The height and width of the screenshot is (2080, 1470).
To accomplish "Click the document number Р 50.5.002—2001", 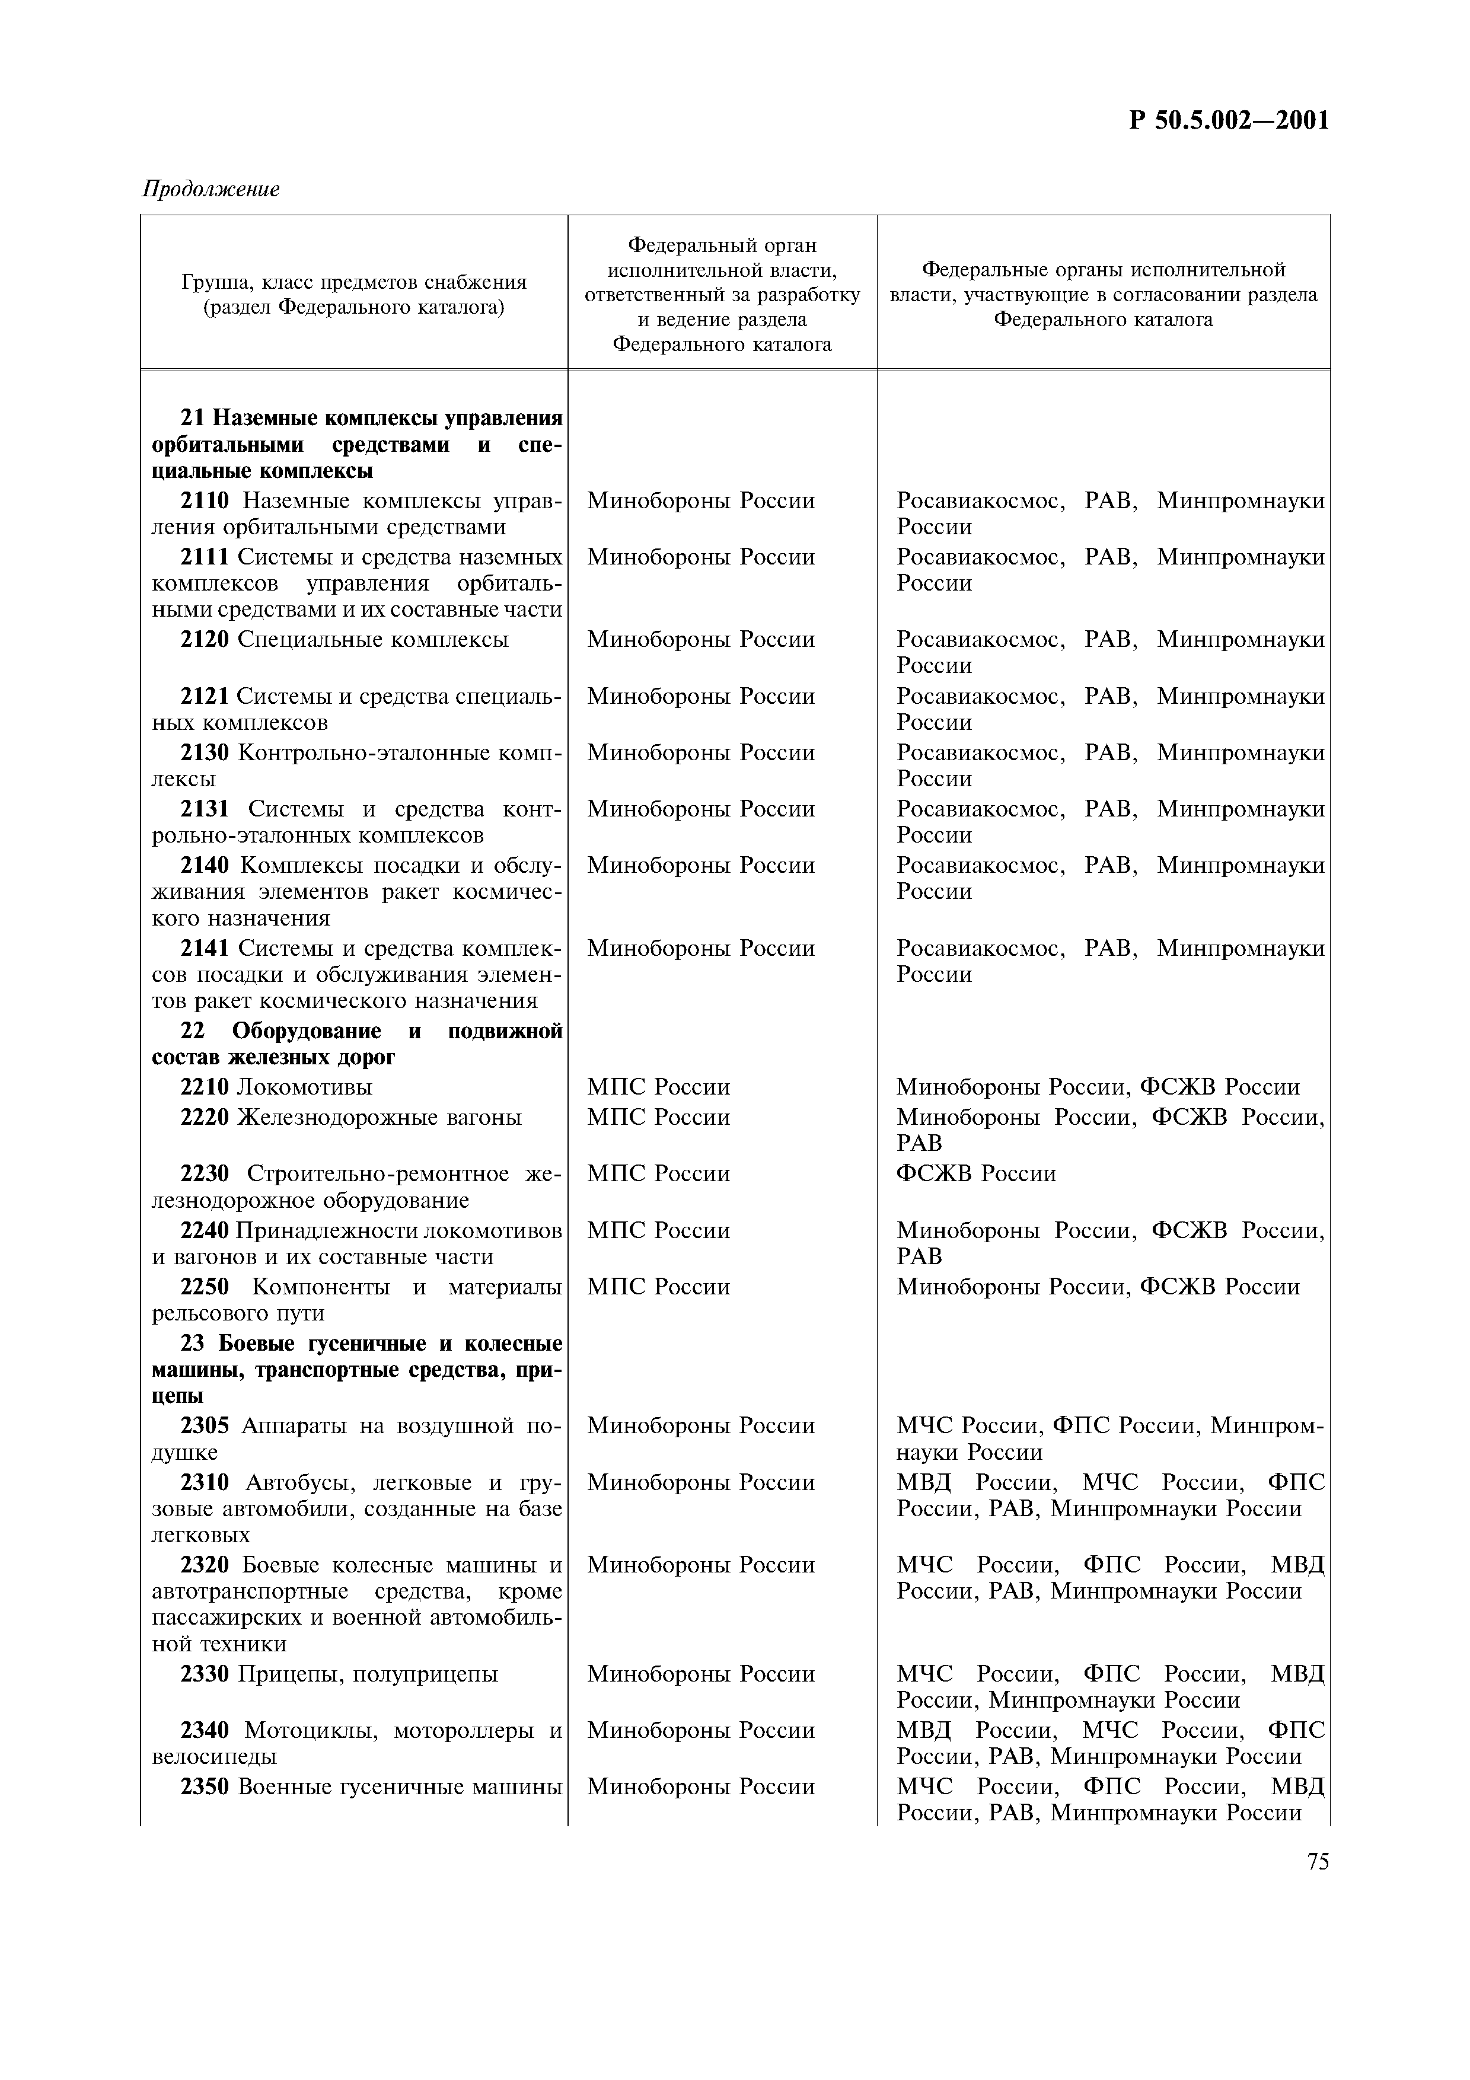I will [1228, 120].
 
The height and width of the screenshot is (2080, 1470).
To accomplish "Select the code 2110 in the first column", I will [205, 501].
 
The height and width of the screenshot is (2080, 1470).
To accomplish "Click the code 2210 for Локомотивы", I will [205, 1087].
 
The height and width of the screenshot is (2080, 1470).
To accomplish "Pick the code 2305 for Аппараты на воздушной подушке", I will [205, 1426].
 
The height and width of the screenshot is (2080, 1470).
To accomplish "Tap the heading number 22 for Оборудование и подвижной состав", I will [193, 1031].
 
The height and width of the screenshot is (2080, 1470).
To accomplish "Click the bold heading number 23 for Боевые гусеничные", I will [193, 1344].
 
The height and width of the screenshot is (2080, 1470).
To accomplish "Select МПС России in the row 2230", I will [658, 1174].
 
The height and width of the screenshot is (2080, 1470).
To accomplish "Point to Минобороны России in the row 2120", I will [700, 640].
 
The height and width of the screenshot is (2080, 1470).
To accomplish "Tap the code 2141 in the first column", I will [205, 949].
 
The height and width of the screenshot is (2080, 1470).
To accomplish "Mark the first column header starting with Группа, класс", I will [354, 295].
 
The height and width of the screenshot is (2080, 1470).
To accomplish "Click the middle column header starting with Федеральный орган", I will [722, 295].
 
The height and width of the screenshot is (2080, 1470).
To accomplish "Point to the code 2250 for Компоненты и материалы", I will [205, 1287].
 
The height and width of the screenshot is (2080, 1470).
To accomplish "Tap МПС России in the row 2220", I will [658, 1118].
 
